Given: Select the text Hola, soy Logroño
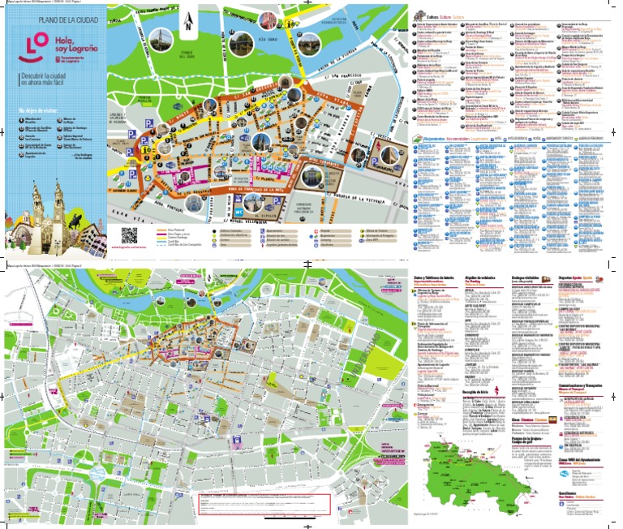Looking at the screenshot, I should point(72,43).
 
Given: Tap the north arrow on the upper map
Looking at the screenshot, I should point(187,23).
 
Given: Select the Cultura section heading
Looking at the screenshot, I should point(436,15).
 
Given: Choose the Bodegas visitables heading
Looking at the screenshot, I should point(529,277).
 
